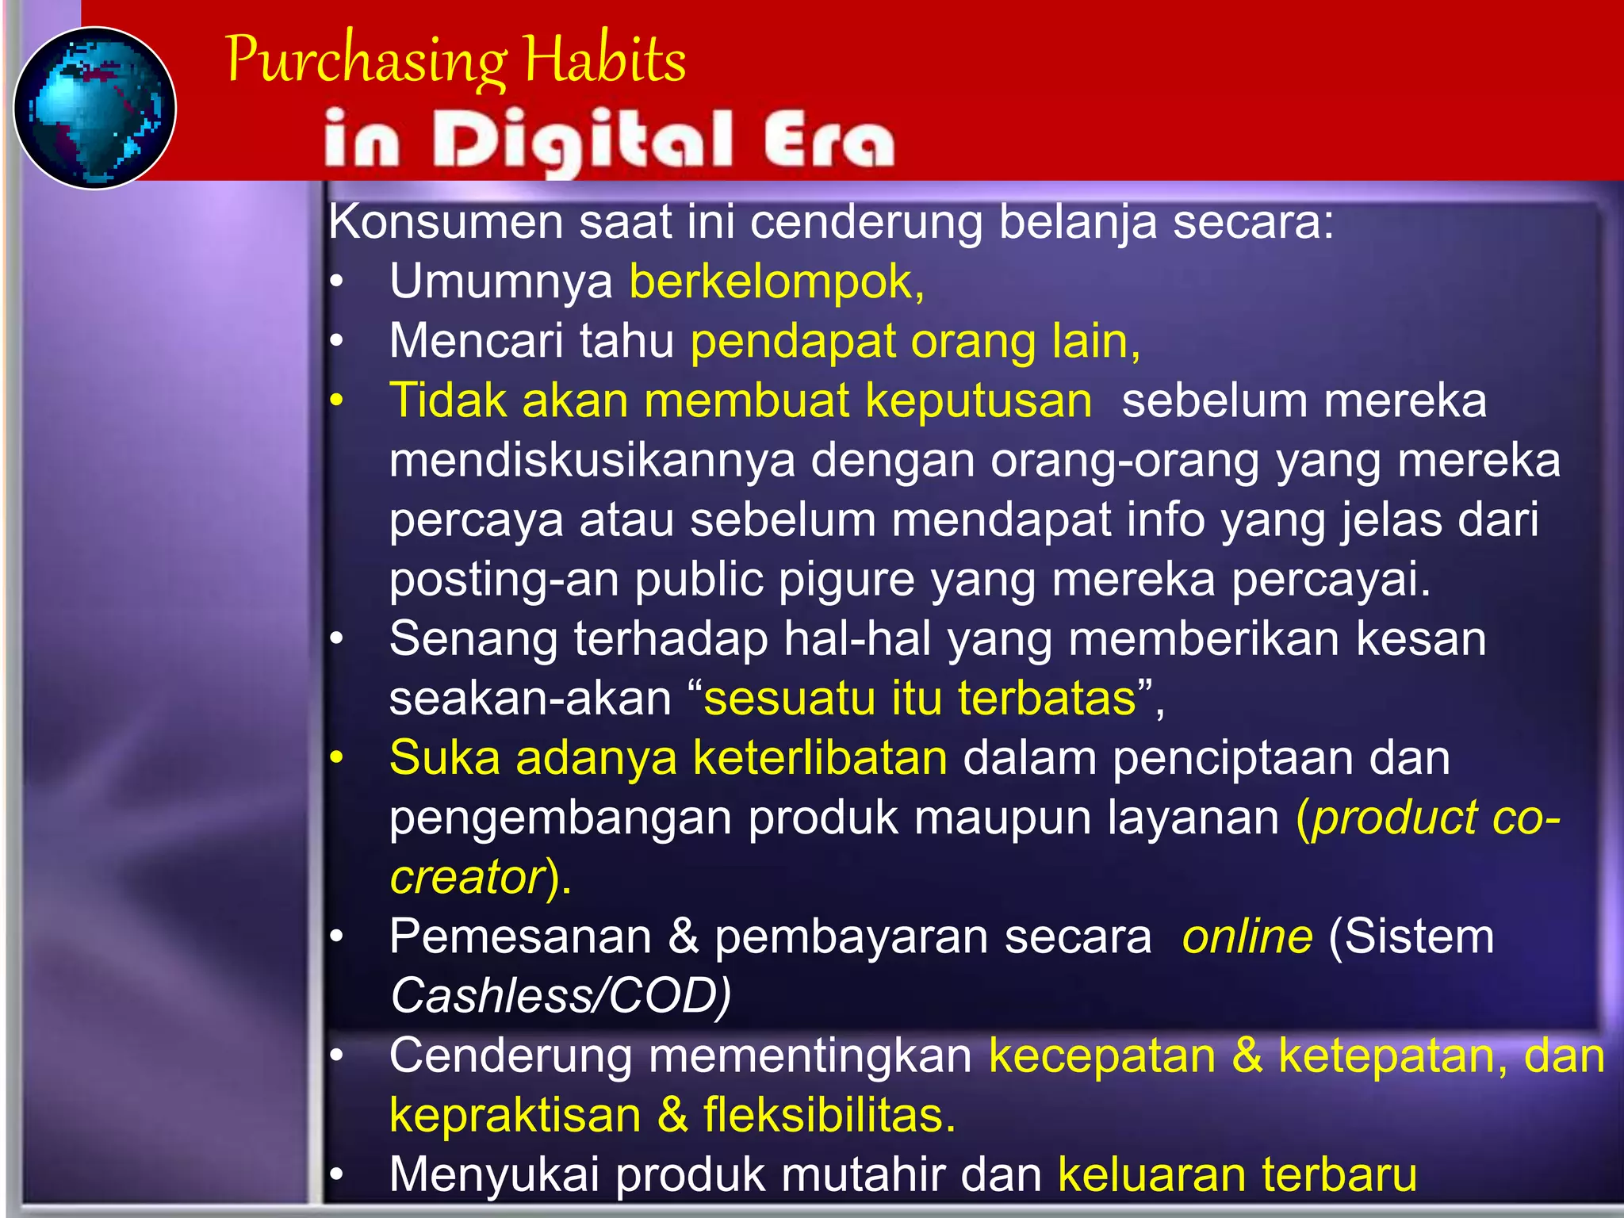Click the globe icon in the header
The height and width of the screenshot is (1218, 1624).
tap(95, 108)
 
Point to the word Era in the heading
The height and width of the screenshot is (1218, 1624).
tap(829, 140)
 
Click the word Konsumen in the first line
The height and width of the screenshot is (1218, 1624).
tap(445, 221)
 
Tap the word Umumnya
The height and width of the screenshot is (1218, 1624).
tap(500, 282)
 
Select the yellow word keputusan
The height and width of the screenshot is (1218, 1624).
tap(979, 400)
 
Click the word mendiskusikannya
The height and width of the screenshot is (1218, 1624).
tap(592, 460)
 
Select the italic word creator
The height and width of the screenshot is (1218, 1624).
tap(467, 877)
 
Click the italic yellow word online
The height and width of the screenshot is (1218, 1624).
tap(1247, 936)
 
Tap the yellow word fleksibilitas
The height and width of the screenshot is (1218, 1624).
tap(829, 1115)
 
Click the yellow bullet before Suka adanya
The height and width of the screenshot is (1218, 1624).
tap(337, 758)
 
